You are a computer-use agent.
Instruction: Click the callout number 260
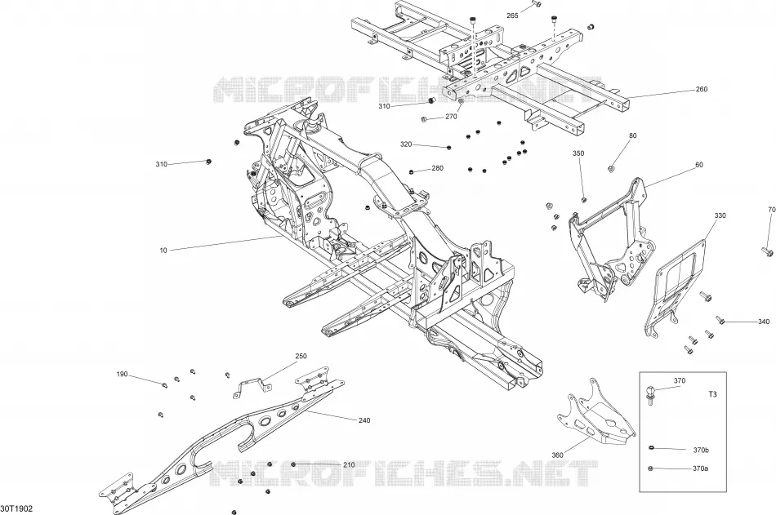tap(702, 90)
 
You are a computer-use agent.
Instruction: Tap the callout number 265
tap(512, 16)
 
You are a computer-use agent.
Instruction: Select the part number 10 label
tap(163, 251)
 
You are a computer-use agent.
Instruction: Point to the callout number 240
tap(364, 420)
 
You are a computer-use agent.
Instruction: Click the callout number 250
tap(301, 356)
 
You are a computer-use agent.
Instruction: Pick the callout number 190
tap(122, 375)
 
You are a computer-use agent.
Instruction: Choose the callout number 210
tap(349, 465)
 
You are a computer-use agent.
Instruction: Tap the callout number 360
tap(557, 455)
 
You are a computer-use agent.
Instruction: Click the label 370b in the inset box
tap(701, 451)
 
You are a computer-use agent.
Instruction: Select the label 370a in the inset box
tap(701, 468)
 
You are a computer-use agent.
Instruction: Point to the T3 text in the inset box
tap(712, 394)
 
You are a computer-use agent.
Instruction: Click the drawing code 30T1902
tap(16, 508)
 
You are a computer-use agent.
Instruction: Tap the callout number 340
tap(764, 322)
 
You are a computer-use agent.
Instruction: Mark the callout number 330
tap(720, 215)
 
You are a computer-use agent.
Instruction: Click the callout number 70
tap(772, 210)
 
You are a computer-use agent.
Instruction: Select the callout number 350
tap(578, 153)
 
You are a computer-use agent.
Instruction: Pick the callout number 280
tap(438, 168)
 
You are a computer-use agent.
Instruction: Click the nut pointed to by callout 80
tap(611, 169)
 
